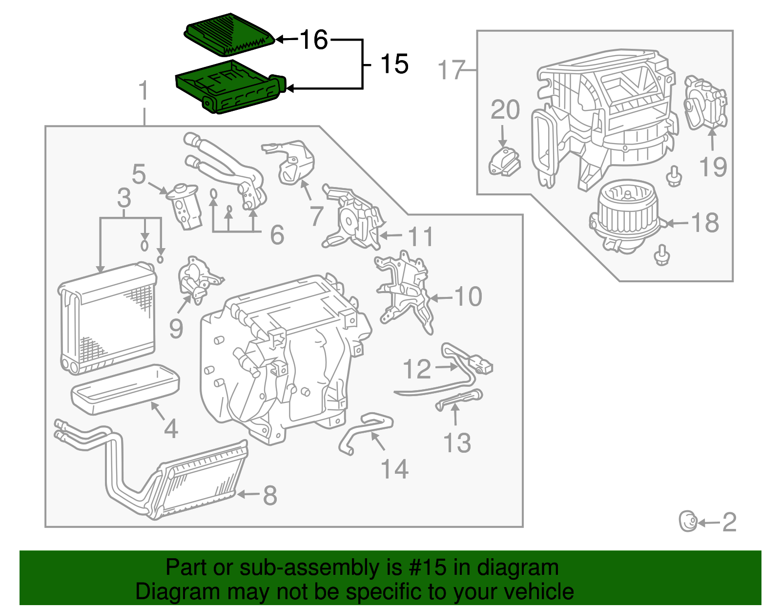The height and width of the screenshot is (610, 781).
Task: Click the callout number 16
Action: coord(314,40)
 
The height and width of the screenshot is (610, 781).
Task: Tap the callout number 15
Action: coord(394,64)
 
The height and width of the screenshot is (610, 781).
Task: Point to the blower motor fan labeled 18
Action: coord(626,215)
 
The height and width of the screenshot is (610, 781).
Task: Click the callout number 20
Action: coord(505,110)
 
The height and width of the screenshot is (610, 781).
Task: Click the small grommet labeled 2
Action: coord(688,522)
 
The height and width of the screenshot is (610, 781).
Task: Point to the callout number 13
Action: coord(457,443)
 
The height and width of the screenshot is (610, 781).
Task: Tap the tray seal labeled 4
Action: coord(125,389)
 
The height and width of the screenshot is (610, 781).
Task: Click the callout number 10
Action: coord(468,296)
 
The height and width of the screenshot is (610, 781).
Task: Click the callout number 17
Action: coord(451,70)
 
